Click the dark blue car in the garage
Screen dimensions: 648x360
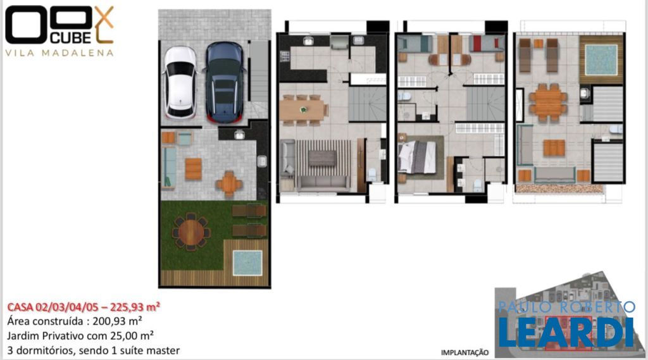tap(225, 82)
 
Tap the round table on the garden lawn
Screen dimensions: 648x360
tap(191, 232)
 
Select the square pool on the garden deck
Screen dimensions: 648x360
tap(247, 263)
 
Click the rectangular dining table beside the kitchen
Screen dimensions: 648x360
tap(303, 110)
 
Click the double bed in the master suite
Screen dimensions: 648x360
tap(416, 157)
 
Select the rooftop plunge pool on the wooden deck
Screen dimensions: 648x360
tap(601, 59)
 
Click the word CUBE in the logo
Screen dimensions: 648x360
tap(70, 37)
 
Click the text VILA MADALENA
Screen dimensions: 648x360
tap(59, 53)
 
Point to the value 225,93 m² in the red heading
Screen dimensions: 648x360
tap(135, 307)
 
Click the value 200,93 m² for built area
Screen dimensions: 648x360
tap(117, 321)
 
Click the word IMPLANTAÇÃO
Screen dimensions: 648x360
tap(464, 352)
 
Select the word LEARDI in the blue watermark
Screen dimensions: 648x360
tap(566, 333)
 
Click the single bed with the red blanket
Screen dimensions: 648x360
tap(487, 44)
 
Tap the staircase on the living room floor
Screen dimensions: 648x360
tap(367, 104)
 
